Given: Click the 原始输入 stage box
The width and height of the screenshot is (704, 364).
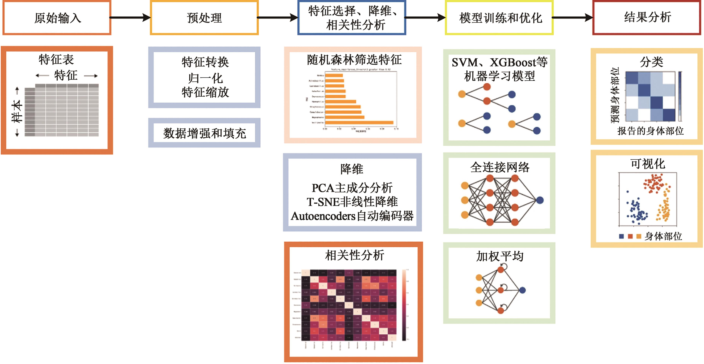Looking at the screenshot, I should click(57, 18).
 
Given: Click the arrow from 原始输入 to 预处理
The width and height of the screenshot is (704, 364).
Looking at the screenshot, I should click(130, 18).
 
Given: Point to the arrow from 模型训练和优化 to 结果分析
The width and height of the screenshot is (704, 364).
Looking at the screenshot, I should click(573, 18).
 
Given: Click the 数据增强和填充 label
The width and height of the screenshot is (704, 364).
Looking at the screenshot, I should click(204, 133).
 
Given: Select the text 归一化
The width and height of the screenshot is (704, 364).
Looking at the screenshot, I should click(205, 78).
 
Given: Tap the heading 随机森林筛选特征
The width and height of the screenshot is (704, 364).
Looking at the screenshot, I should click(354, 60).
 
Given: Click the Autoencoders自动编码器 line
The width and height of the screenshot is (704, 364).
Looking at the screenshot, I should click(352, 216).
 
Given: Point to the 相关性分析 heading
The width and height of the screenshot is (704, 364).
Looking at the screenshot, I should click(354, 255).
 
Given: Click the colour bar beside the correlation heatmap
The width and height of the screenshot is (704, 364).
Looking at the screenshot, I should click(404, 305).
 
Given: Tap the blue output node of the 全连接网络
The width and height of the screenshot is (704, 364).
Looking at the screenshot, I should click(540, 200).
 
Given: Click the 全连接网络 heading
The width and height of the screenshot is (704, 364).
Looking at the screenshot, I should click(500, 167).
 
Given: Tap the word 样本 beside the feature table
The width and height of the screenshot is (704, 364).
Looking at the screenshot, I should click(17, 112).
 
